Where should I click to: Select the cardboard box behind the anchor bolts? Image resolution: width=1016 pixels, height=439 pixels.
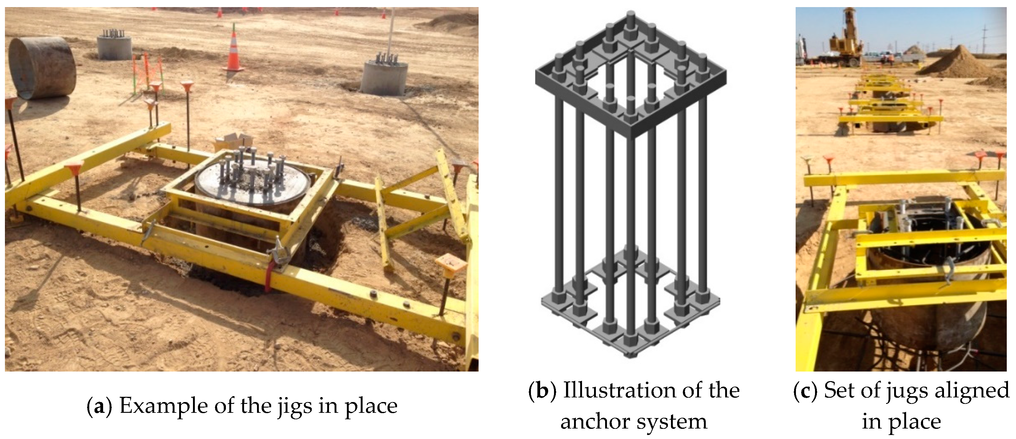[234, 141]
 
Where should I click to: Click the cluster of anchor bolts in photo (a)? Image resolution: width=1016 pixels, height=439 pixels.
[253, 168]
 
